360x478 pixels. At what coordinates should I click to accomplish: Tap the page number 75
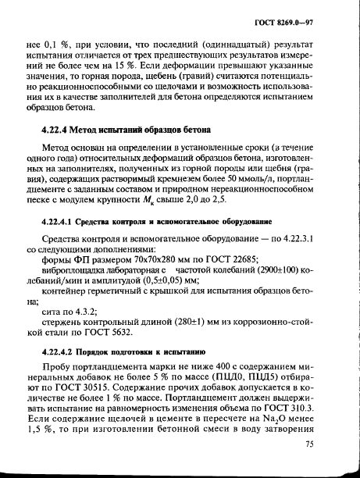coord(309,444)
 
